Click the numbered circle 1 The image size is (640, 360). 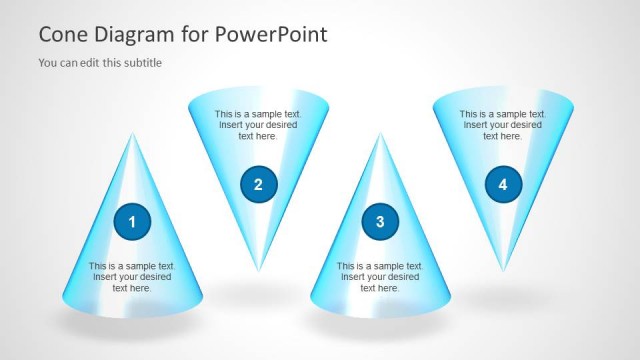coord(132,221)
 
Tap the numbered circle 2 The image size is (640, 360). coord(258,184)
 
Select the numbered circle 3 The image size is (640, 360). coord(380,221)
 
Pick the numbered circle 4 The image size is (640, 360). coord(503,184)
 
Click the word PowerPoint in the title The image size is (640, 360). coord(270,35)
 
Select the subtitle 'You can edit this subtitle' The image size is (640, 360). coord(100,63)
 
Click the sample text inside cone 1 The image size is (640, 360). coord(132,277)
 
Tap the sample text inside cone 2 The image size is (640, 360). coord(258,125)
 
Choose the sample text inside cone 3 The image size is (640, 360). coord(380,277)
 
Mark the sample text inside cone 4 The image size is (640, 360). coord(503,125)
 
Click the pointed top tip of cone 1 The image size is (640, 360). coord(133,133)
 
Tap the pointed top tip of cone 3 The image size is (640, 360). coord(380,133)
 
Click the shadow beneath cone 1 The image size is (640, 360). coord(132,326)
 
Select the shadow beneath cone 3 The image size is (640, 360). coord(380,326)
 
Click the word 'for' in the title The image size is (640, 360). coord(195,35)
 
